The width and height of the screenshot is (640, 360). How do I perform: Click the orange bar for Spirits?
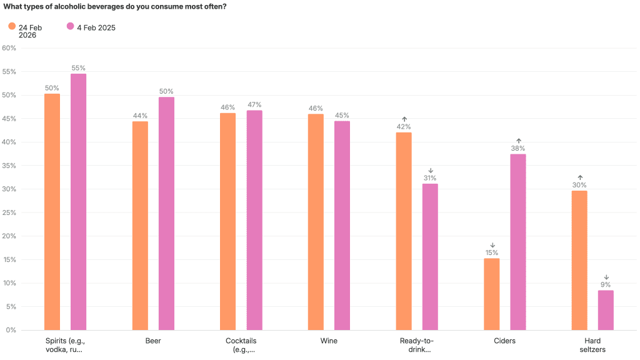click(x=52, y=212)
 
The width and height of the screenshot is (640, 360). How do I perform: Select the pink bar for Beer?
click(x=166, y=214)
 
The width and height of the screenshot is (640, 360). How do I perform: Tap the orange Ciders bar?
click(x=492, y=294)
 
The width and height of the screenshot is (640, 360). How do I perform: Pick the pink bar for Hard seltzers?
click(x=606, y=310)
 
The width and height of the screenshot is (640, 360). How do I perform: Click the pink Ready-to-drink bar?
click(x=430, y=257)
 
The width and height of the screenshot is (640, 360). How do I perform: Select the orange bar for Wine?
click(x=316, y=222)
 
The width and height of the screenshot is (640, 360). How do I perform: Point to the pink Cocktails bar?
click(x=254, y=221)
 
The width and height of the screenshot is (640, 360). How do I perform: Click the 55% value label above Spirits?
click(x=78, y=68)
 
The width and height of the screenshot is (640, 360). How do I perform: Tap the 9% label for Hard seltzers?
click(x=606, y=284)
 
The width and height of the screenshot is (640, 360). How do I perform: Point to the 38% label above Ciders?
click(x=518, y=148)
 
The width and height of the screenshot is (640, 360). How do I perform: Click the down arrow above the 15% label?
click(x=492, y=245)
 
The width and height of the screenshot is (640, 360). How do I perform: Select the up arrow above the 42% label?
click(x=404, y=119)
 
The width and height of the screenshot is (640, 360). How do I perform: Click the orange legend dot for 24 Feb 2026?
click(x=12, y=26)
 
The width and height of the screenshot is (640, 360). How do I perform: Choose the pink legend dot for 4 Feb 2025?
click(x=70, y=26)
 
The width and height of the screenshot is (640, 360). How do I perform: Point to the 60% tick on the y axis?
click(x=9, y=48)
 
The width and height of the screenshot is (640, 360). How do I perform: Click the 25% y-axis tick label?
click(x=9, y=212)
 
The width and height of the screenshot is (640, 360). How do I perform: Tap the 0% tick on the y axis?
click(x=11, y=330)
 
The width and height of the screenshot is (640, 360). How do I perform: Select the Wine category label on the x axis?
click(x=329, y=341)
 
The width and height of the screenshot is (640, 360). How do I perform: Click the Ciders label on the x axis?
click(x=504, y=341)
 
